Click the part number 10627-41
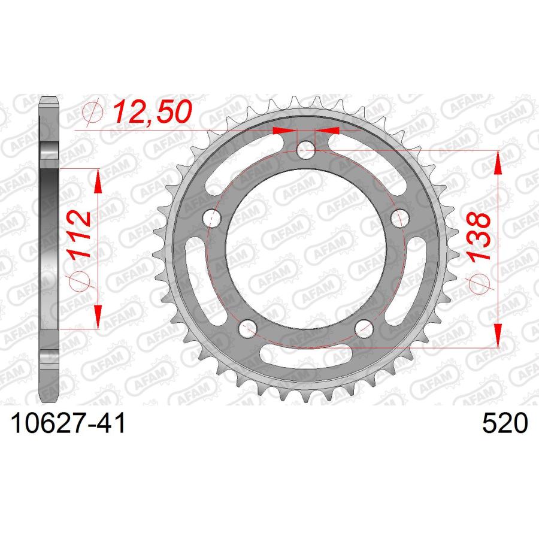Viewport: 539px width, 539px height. point(68,423)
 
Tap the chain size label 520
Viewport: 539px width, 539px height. point(505,423)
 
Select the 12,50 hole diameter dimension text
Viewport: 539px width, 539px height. point(152,111)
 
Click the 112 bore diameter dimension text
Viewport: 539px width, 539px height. point(80,235)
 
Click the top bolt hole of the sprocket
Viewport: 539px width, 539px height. point(305,150)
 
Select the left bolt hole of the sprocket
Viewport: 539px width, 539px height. point(212,218)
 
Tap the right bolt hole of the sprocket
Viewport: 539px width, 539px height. point(400,218)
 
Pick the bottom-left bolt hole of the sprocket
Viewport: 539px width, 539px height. point(247,328)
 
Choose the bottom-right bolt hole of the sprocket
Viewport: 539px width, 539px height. point(364,328)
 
